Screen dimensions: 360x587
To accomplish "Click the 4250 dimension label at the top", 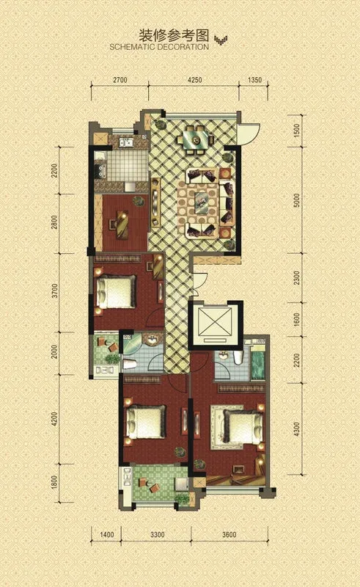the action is point(194,80).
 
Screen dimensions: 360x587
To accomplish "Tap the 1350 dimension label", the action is point(255,80).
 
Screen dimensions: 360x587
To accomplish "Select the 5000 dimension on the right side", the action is point(297,201).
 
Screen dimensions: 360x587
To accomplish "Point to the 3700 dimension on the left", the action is point(55,291).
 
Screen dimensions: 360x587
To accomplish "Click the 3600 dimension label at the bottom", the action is point(229,535).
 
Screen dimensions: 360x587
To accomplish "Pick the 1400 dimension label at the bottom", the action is point(107,535).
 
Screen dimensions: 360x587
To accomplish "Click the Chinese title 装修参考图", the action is point(174,35).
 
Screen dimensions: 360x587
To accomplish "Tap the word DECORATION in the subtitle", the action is point(183,47).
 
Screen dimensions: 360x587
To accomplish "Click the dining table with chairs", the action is point(195,140).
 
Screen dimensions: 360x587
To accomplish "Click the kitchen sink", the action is point(126,142).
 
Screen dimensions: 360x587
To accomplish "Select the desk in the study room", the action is point(122,225).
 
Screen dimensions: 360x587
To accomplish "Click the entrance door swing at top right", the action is point(247,134).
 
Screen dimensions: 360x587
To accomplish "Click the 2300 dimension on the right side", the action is point(297,278).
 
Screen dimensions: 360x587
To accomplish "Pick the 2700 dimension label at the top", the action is point(120,80).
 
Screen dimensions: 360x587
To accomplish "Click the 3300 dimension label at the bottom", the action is point(157,535).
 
